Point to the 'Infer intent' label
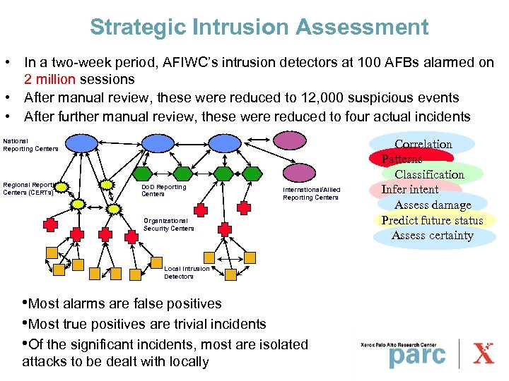[410, 189]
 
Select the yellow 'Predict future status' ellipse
[432, 220]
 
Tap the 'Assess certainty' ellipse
[432, 236]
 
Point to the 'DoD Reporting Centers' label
[163, 190]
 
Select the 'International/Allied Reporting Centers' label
[310, 193]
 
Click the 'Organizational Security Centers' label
[168, 224]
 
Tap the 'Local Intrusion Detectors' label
[187, 272]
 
